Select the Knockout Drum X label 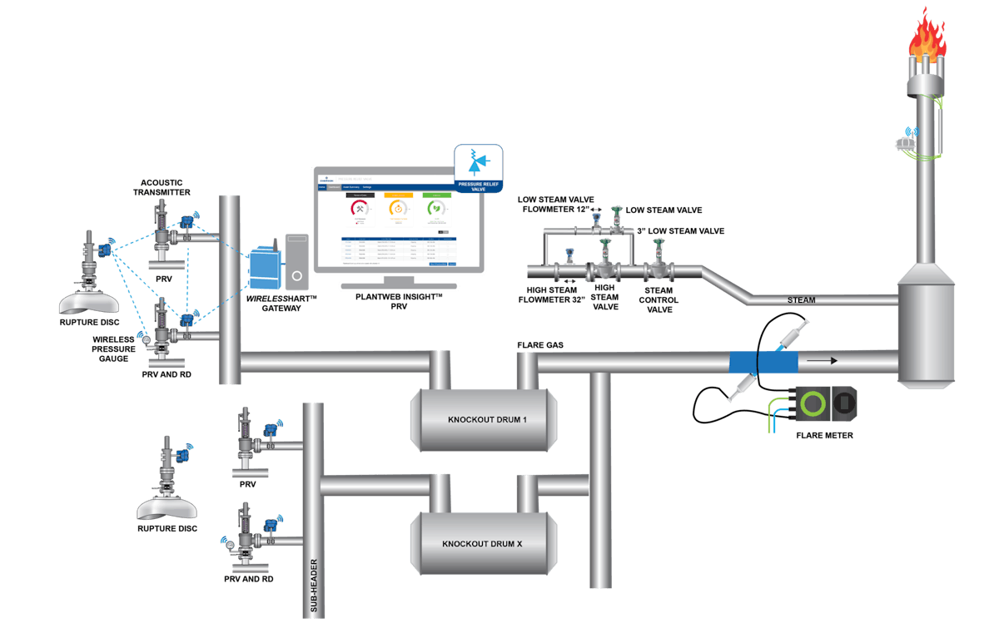pyautogui.click(x=482, y=544)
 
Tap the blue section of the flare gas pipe pyautogui.click(x=763, y=362)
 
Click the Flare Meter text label pyautogui.click(x=824, y=434)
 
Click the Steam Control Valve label pyautogui.click(x=662, y=299)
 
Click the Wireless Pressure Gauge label pyautogui.click(x=116, y=349)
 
